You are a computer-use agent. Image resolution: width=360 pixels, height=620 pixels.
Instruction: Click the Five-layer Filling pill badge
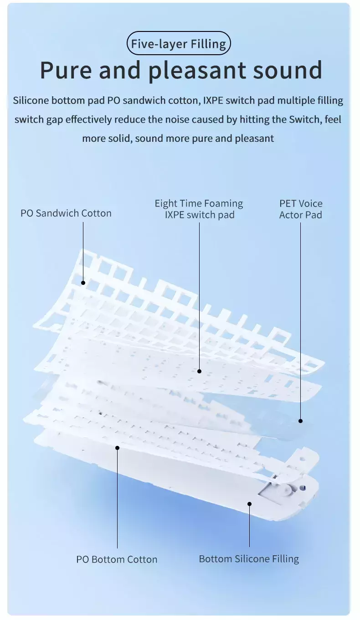pyautogui.click(x=179, y=43)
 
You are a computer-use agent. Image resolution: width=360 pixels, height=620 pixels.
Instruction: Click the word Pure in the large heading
pyautogui.click(x=66, y=70)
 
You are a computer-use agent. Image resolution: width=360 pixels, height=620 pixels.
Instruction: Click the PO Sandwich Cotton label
pyautogui.click(x=66, y=213)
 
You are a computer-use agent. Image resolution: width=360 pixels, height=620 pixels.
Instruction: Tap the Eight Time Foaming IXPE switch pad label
pyautogui.click(x=199, y=209)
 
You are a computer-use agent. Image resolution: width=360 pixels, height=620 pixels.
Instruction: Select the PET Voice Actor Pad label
pyautogui.click(x=301, y=209)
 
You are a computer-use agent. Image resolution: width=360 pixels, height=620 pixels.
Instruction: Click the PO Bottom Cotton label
pyautogui.click(x=117, y=559)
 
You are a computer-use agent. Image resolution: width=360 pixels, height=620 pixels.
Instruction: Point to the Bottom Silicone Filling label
pyautogui.click(x=249, y=558)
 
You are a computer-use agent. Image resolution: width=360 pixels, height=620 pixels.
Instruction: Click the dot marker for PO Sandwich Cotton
pyautogui.click(x=83, y=283)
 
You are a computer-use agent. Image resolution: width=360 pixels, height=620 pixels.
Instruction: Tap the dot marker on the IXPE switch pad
pyautogui.click(x=199, y=371)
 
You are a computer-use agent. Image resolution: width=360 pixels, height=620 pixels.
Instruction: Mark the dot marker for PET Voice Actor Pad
pyautogui.click(x=300, y=421)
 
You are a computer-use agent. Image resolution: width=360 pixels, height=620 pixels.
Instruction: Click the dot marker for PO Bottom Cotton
pyautogui.click(x=117, y=448)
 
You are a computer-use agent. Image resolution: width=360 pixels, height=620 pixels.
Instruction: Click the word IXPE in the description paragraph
pyautogui.click(x=213, y=100)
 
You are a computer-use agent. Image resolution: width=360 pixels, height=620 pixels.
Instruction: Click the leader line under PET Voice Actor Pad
pyautogui.click(x=300, y=320)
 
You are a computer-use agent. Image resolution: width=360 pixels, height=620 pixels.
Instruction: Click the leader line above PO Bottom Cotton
pyautogui.click(x=117, y=499)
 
